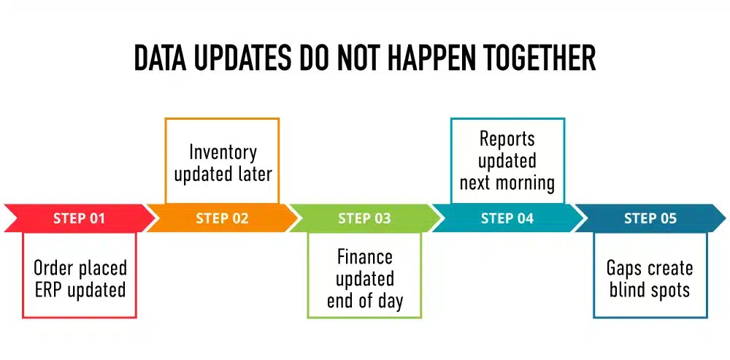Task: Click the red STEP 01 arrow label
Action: coord(79,218)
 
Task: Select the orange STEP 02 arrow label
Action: coord(222,218)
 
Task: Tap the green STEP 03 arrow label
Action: coord(364,218)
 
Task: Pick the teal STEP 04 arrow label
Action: coord(507,218)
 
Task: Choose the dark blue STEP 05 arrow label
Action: coord(650,218)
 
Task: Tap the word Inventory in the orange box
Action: coord(223,152)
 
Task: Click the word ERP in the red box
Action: coord(50,290)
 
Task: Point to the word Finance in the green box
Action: coord(364,257)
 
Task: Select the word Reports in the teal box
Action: coord(507,139)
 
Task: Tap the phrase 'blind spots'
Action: coord(650,290)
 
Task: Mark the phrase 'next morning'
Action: coord(507,183)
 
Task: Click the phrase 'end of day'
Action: coord(364,301)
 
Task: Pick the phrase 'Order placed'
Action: coord(80,268)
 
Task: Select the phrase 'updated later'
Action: coord(223,175)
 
